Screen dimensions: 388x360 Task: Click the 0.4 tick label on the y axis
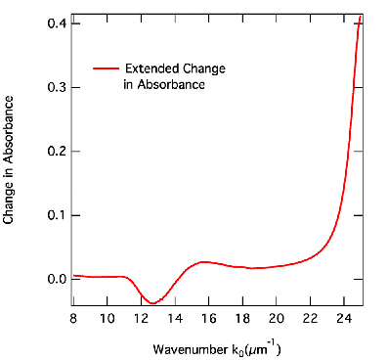56,23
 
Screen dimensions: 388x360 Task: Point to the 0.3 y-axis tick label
56,87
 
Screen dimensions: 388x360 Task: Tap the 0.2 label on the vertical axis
56,152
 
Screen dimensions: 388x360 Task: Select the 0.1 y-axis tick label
56,215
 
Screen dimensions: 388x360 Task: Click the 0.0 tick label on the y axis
56,280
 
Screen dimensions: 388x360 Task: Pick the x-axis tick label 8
73,318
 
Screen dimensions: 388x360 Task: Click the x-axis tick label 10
108,318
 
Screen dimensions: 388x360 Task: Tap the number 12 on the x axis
141,318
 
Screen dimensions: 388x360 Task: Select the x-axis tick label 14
175,318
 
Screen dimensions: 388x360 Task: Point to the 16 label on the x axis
209,318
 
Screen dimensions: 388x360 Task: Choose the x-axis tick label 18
242,318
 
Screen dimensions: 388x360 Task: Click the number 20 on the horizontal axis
277,318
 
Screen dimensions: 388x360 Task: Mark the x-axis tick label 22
310,318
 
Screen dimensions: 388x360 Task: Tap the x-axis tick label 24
344,318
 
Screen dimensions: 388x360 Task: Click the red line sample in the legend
106,68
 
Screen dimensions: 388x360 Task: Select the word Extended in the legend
151,68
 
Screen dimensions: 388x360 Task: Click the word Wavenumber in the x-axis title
189,349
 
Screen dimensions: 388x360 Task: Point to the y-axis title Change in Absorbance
9,159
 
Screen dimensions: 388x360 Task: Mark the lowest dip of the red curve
152,303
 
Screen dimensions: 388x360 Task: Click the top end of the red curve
360,17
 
